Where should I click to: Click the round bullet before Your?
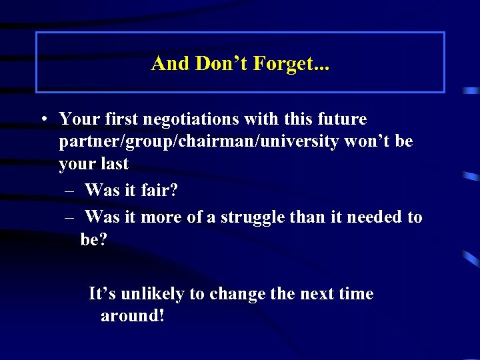[x=42, y=119]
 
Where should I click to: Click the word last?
[x=114, y=164]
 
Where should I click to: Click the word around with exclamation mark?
[x=132, y=316]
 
